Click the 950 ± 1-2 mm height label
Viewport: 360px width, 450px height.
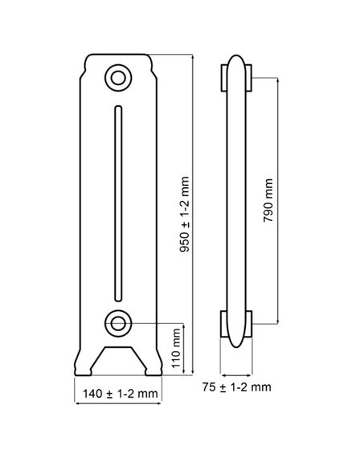coord(184,215)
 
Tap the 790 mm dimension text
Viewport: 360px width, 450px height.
coord(268,200)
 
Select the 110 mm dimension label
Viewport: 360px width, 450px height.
coord(176,348)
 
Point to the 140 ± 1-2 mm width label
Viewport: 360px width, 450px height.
coord(121,394)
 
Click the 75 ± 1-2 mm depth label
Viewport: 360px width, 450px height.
coord(236,387)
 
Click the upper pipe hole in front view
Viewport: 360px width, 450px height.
coord(118,78)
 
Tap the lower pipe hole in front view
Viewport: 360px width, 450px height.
coord(118,323)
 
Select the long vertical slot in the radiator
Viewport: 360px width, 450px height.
coord(118,204)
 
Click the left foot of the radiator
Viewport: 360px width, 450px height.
coord(84,366)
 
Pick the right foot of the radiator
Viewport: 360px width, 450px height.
coord(153,366)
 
